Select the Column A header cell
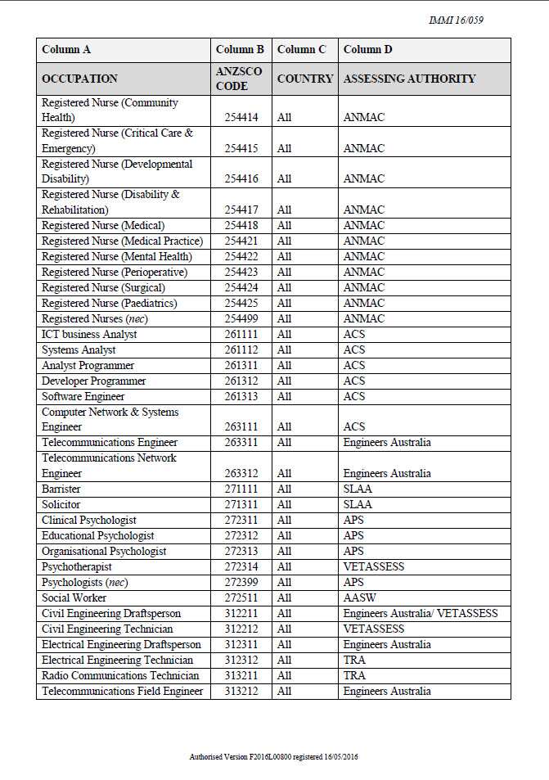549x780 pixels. click(66, 50)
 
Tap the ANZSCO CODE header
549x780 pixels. click(239, 79)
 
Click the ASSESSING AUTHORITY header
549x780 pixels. click(409, 79)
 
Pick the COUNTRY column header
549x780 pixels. click(305, 79)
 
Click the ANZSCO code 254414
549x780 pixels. click(241, 118)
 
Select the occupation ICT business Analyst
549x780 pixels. click(90, 335)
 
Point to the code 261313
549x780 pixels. click(241, 397)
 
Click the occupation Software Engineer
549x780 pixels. click(83, 397)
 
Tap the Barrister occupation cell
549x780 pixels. click(61, 489)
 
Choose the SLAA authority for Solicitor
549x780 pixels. click(358, 505)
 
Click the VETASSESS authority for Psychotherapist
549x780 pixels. click(374, 567)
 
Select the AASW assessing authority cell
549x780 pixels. click(360, 598)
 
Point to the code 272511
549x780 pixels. click(241, 598)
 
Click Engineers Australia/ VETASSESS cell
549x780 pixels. click(421, 614)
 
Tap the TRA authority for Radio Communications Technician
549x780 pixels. click(354, 676)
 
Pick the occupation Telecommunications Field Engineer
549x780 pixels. click(123, 692)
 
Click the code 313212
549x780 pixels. click(241, 692)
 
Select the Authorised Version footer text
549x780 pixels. click(274, 757)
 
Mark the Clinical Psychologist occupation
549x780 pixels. click(89, 521)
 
